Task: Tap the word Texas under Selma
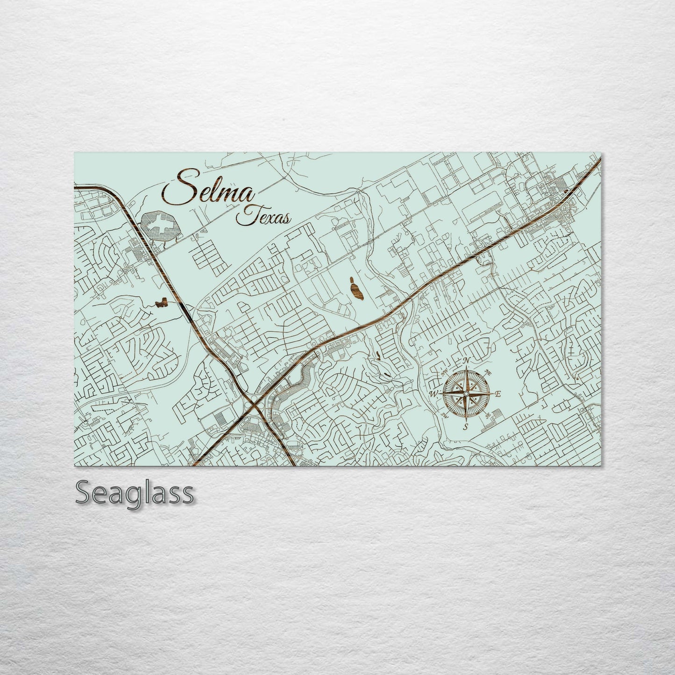pos(264,216)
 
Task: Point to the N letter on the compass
pos(466,360)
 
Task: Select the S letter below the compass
pos(466,427)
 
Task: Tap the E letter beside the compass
pos(498,394)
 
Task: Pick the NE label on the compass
pos(489,372)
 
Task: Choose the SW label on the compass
pos(444,415)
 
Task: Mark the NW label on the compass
pos(444,373)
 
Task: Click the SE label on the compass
pos(488,415)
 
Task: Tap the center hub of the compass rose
pos(466,394)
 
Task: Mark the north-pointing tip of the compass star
pos(466,366)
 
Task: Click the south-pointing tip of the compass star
pos(466,421)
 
